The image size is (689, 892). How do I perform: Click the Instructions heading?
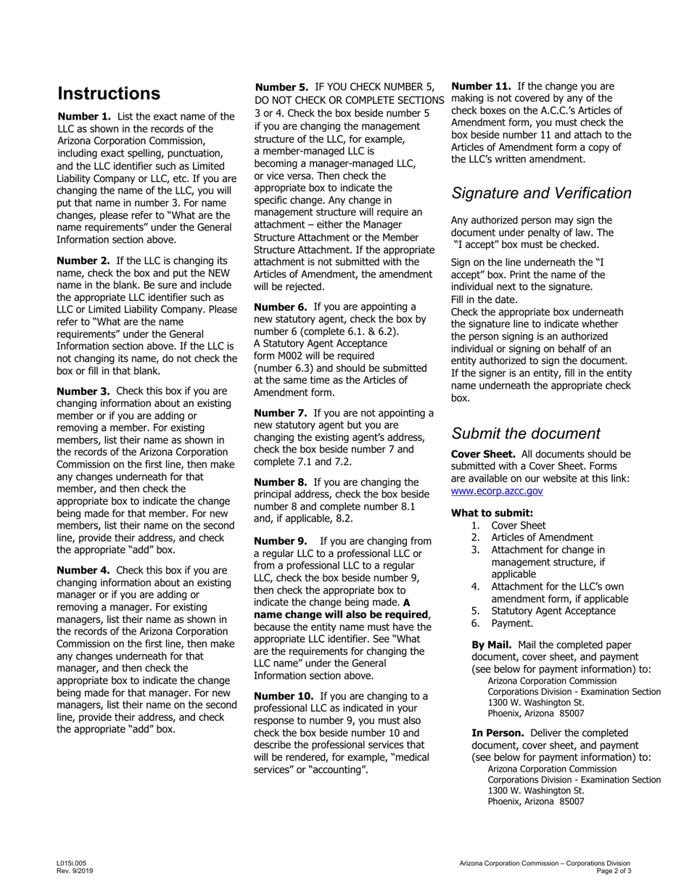click(x=109, y=94)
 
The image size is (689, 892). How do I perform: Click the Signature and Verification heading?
click(x=541, y=193)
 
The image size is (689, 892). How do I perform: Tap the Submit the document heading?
click(x=525, y=434)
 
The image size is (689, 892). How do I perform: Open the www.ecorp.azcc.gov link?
click(x=497, y=491)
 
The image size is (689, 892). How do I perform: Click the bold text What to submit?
click(x=492, y=513)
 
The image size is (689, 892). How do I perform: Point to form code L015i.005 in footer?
click(x=71, y=863)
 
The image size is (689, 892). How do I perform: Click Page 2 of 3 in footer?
click(x=613, y=871)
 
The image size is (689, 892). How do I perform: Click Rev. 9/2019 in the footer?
click(x=75, y=871)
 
